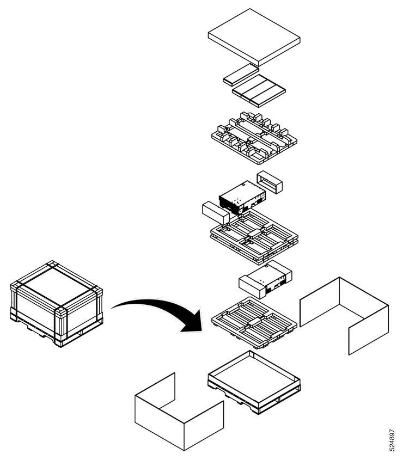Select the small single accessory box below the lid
coord(240,76)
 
